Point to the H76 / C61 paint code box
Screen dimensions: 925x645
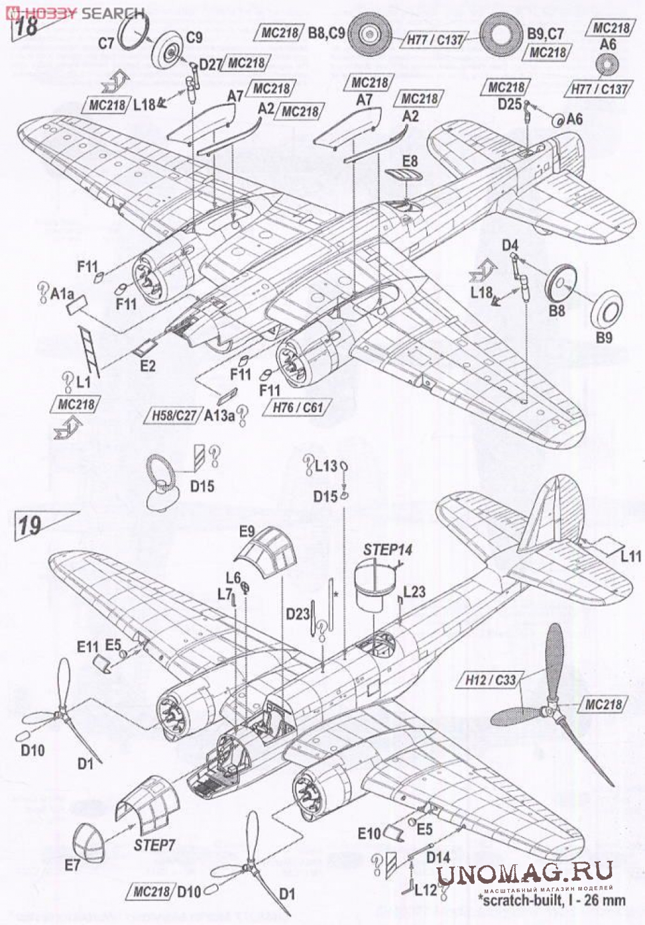coord(297,407)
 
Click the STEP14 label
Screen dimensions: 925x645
coord(387,549)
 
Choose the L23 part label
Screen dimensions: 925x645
coord(414,591)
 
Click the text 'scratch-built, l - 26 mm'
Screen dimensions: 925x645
coord(552,900)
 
